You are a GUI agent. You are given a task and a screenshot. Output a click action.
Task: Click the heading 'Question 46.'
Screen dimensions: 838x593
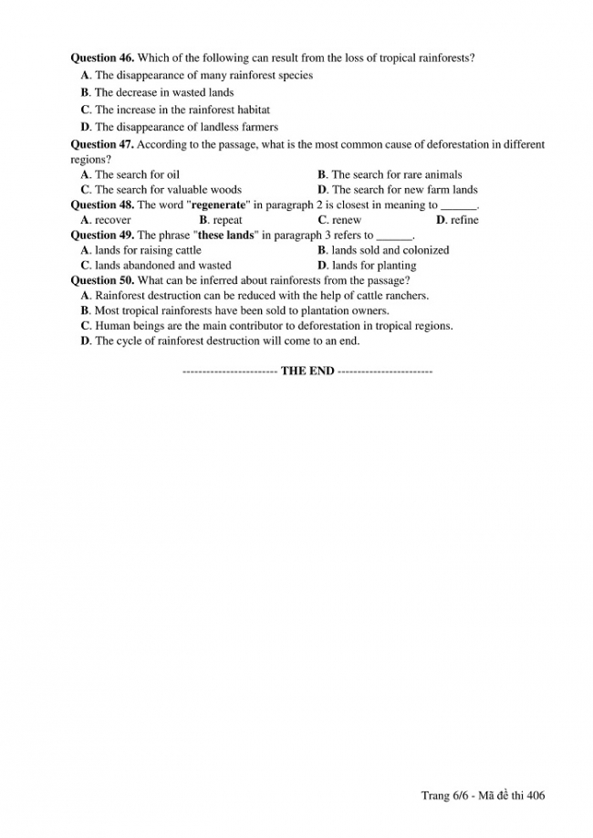(x=102, y=58)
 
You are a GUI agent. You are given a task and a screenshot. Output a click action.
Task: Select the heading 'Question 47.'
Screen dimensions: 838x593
(x=102, y=144)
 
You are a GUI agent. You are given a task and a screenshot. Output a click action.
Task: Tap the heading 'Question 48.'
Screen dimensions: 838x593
(x=102, y=204)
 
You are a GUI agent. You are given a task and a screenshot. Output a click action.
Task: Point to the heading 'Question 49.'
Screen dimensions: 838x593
(x=102, y=235)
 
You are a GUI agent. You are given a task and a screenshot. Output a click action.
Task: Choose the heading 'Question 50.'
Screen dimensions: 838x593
(x=102, y=280)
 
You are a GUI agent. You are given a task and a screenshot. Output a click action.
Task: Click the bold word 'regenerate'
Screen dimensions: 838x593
(x=219, y=204)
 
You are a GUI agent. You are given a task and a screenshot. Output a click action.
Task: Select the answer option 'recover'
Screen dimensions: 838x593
(x=112, y=220)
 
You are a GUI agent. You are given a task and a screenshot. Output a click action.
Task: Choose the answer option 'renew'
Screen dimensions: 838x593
(x=347, y=220)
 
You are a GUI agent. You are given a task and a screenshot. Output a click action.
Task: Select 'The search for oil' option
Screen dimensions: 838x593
(x=137, y=174)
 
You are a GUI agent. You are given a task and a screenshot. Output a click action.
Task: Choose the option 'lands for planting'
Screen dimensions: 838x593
(x=373, y=266)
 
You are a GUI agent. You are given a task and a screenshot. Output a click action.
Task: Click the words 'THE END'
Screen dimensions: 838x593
(x=307, y=371)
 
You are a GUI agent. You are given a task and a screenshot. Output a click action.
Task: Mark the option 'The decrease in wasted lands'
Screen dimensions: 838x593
(x=164, y=92)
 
